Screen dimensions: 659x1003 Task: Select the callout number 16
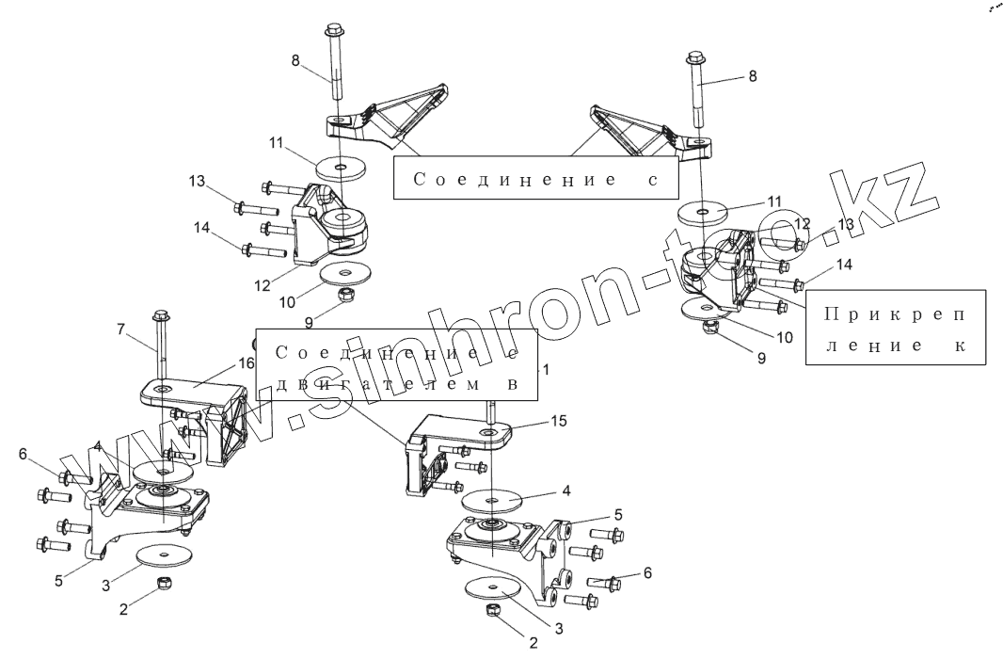coord(247,362)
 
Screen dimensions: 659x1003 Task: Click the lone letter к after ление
coord(959,345)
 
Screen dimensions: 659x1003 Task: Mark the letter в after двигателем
coord(514,385)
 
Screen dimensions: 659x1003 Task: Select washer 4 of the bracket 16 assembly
coord(162,470)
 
